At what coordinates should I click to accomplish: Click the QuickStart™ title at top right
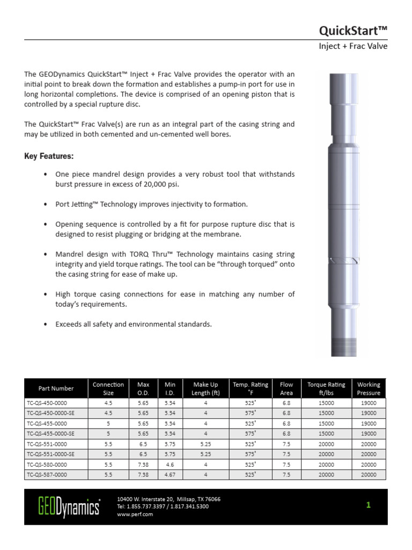coord(353,30)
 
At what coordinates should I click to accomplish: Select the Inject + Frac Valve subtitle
coord(353,46)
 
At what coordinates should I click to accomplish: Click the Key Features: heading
coord(49,156)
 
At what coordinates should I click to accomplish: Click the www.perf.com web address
coord(135,514)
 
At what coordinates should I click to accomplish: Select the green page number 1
coord(369,505)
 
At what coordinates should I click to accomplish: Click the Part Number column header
coord(56,388)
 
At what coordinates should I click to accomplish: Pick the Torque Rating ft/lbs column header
coord(326,388)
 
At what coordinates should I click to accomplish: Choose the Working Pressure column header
coord(369,388)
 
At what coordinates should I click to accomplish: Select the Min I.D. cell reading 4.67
coord(170,475)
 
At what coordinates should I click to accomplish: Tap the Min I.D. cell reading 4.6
coord(170,465)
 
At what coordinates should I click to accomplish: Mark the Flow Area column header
coord(286,388)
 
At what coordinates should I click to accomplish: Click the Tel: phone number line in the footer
coord(163,506)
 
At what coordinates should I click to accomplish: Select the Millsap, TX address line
coord(168,499)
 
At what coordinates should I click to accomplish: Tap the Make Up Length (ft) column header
coord(205,388)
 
